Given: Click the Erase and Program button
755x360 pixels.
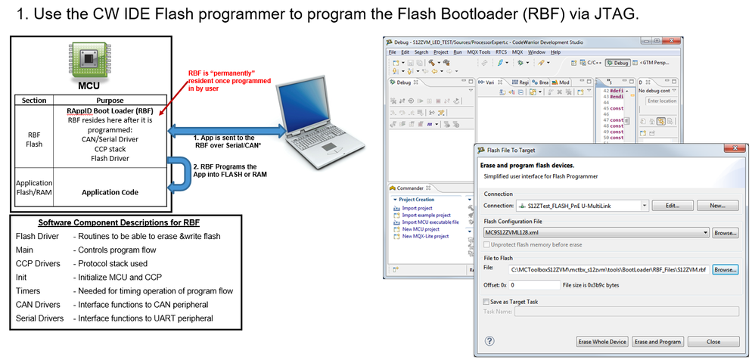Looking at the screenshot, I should [x=658, y=342].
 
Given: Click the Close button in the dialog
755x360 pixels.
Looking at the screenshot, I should [x=713, y=342].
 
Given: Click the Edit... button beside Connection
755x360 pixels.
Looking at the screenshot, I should [x=672, y=205].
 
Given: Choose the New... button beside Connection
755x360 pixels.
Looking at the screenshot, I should [x=717, y=205].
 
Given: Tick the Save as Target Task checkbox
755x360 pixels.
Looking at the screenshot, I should [x=486, y=301].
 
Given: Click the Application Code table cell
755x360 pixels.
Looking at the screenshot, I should [x=110, y=192].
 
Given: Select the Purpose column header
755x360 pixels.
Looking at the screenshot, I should [x=110, y=101].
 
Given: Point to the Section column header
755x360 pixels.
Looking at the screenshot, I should [x=33, y=101].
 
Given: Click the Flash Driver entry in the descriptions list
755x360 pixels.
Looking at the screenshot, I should [x=36, y=236].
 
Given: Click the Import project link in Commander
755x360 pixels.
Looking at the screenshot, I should [x=418, y=208].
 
